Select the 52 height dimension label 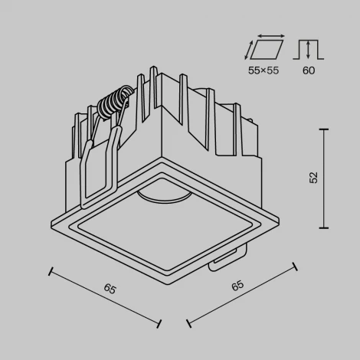pos(314,178)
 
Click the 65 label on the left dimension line pos(110,290)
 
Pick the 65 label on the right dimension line pos(237,286)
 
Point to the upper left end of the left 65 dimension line pos(51,270)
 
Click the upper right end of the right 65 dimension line pos(296,267)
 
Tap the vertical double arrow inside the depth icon pos(307,48)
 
